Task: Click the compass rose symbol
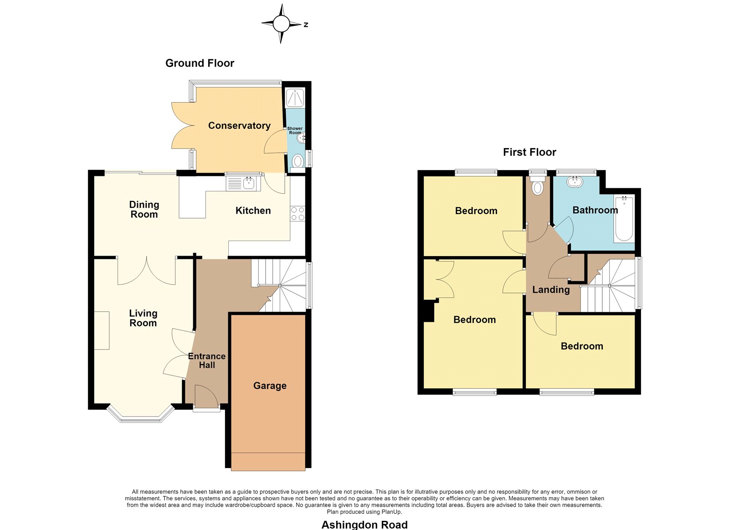pos(282,24)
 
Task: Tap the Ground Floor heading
pos(200,63)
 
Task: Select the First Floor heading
pos(529,152)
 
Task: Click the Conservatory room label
pos(239,126)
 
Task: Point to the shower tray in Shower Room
pos(295,98)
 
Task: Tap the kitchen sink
pos(243,183)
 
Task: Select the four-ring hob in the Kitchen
pos(298,213)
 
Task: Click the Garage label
pos(270,386)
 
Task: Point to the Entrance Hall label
pos(207,360)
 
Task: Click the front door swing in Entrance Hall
pos(206,396)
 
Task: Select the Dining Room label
pos(144,209)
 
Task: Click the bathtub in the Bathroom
pos(624,218)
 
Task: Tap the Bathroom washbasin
pos(575,181)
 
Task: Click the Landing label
pos(551,290)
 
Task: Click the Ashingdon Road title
pos(364,525)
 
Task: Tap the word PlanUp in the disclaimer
pos(392,512)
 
